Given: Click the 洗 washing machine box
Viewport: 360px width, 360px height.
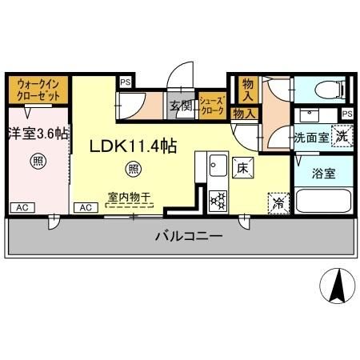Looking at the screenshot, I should (x=341, y=136).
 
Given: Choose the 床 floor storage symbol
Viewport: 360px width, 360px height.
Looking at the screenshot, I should (x=242, y=167).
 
